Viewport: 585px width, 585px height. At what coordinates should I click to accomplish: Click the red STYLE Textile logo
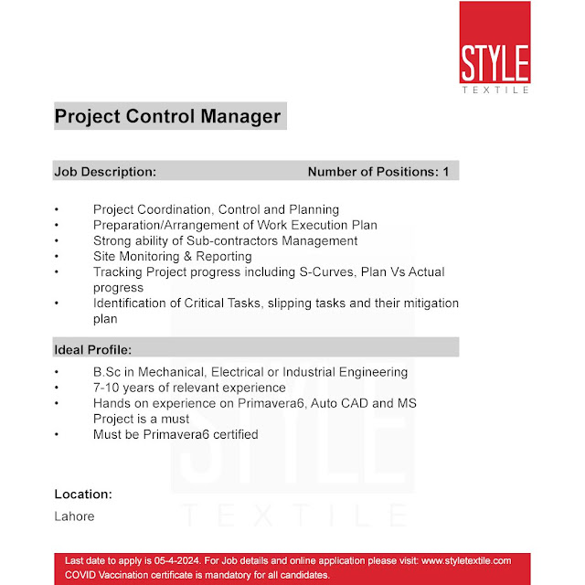pyautogui.click(x=495, y=48)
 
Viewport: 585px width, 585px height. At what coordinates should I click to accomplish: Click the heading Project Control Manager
pyautogui.click(x=167, y=117)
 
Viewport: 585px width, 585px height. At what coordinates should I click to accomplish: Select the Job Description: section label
pyautogui.click(x=105, y=171)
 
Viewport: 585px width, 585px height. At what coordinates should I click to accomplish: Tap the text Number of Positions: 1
pyautogui.click(x=378, y=171)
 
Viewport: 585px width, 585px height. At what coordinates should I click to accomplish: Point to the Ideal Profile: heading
pyautogui.click(x=92, y=349)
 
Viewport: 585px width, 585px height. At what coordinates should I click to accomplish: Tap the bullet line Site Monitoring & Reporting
pyautogui.click(x=172, y=256)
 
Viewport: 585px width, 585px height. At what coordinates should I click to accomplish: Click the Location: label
pyautogui.click(x=83, y=494)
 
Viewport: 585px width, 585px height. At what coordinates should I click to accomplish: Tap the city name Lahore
pyautogui.click(x=74, y=516)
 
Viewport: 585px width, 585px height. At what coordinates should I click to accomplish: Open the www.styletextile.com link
pyautogui.click(x=457, y=560)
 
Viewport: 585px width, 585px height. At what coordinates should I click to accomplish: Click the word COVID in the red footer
pyautogui.click(x=83, y=575)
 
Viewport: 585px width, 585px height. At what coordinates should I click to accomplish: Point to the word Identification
pyautogui.click(x=132, y=303)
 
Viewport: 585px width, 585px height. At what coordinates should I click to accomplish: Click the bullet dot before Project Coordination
pyautogui.click(x=57, y=209)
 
